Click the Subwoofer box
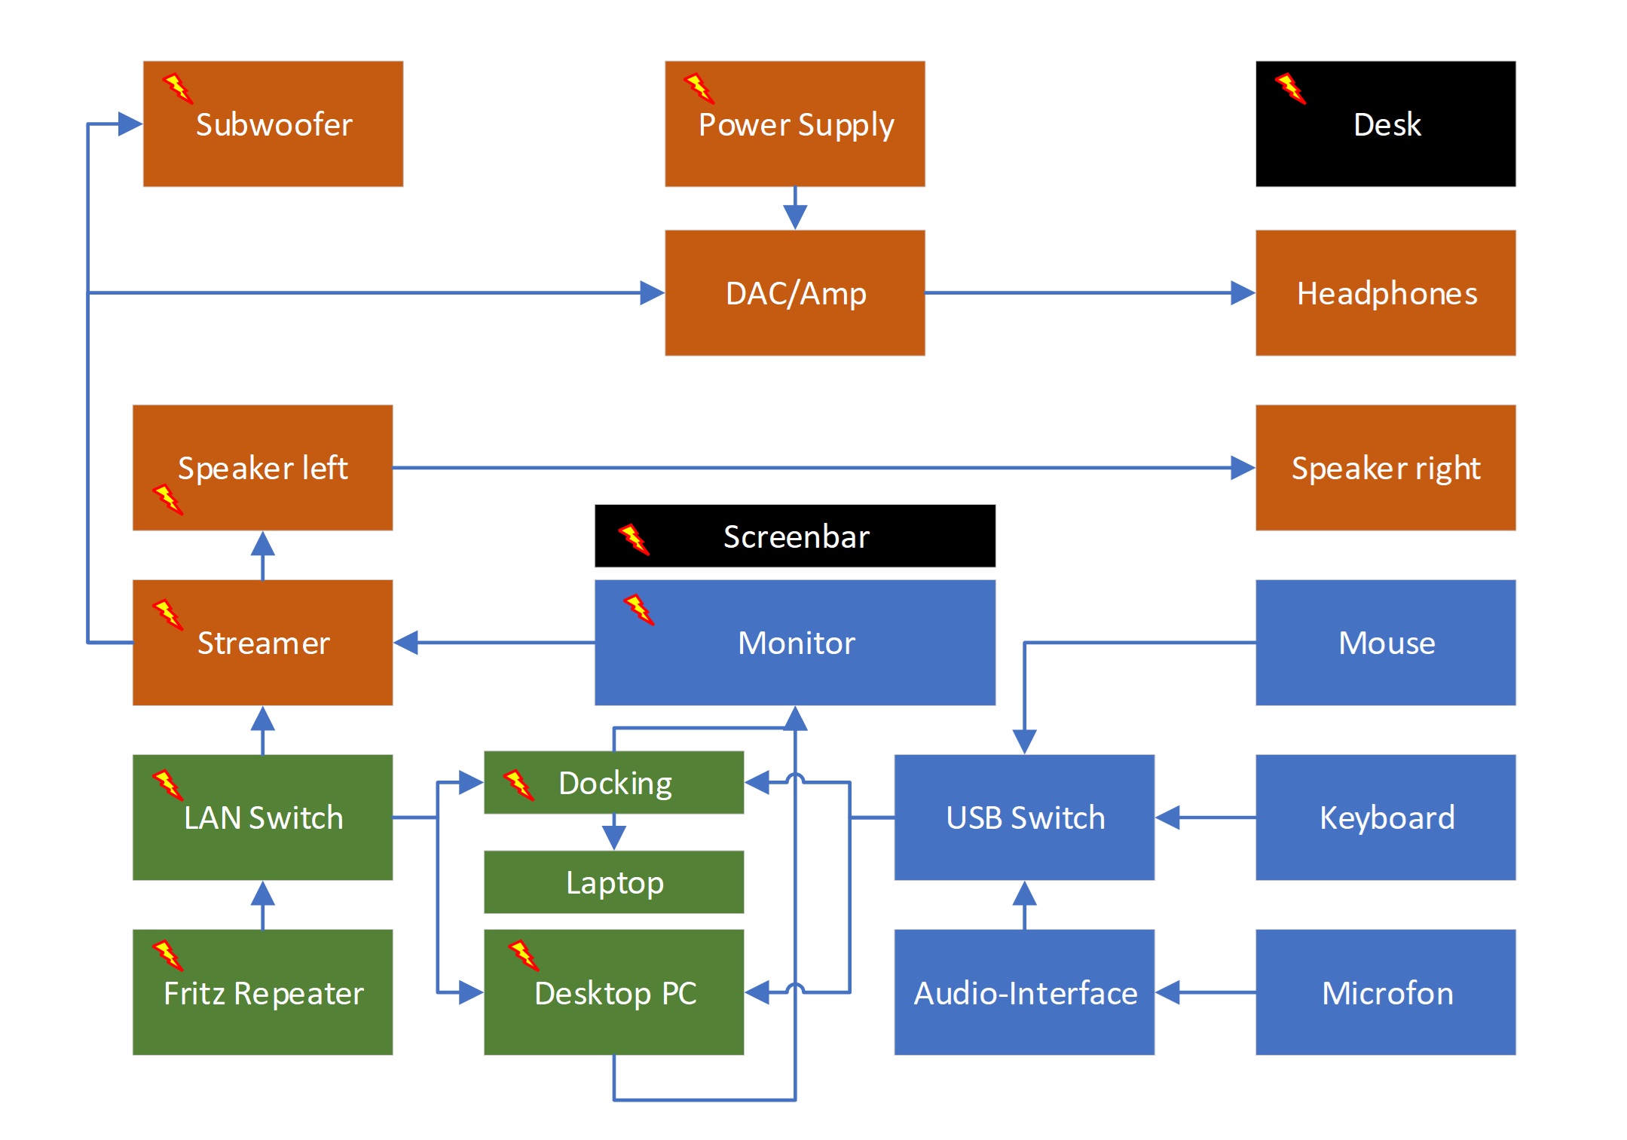click(x=273, y=124)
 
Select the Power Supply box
click(x=794, y=124)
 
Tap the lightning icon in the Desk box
click(x=1290, y=88)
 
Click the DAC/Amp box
click(x=794, y=293)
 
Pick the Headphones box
click(x=1385, y=293)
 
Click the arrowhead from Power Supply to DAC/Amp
click(x=795, y=217)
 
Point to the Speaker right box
click(x=1385, y=468)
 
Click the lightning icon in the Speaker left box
click(x=167, y=499)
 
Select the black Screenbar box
click(x=794, y=536)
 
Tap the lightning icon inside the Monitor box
click(x=638, y=610)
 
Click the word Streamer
click(x=263, y=643)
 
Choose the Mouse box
click(x=1385, y=643)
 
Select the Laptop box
click(x=613, y=882)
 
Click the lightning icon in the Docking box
click(x=518, y=784)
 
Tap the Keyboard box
click(x=1385, y=818)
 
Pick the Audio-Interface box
click(x=1024, y=992)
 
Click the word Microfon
click(x=1387, y=993)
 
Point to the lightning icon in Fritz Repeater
click(x=167, y=955)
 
